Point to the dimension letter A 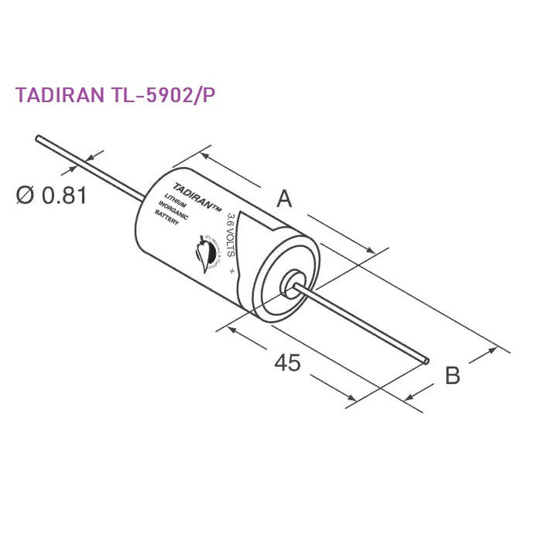284,199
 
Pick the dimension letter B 453,376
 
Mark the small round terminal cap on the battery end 294,282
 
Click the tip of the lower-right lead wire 428,360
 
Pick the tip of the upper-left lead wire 37,139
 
